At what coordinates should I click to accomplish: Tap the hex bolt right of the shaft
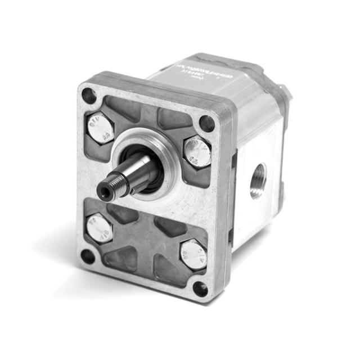click(197, 151)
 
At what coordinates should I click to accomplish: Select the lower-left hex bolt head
click(99, 228)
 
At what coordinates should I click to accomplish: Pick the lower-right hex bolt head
click(193, 254)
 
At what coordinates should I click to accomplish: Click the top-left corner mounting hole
click(89, 96)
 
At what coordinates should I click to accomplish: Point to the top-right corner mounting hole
click(207, 123)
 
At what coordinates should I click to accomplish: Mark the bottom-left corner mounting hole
click(87, 256)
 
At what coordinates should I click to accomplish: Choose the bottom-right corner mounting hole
click(200, 289)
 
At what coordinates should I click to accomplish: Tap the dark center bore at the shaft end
click(105, 192)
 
